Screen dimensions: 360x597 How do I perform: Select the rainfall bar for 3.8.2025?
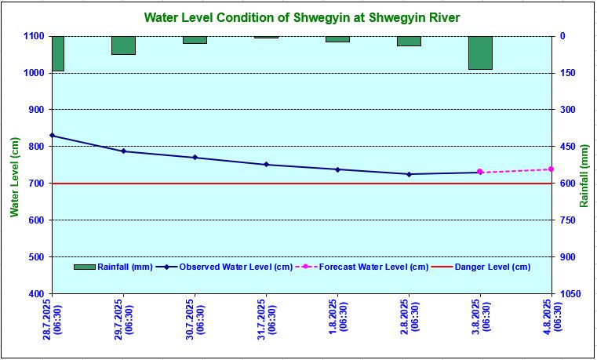coord(480,53)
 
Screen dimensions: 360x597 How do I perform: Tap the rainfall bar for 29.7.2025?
coord(123,45)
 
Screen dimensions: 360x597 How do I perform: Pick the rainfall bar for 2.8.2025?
coord(409,41)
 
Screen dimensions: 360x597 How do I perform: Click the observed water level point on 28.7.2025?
coord(53,136)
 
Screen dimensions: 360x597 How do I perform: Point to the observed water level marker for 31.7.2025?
coord(266,165)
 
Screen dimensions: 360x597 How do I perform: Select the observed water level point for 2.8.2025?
coord(409,174)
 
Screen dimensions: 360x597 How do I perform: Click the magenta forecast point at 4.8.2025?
coord(551,169)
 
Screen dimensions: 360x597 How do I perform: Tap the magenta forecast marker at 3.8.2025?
coord(480,172)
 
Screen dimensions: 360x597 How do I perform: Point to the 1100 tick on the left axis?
coord(34,36)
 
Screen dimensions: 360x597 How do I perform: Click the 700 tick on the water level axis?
coord(36,184)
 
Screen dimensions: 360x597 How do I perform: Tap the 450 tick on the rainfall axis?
coord(568,147)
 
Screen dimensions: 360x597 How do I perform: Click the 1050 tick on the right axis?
coord(570,293)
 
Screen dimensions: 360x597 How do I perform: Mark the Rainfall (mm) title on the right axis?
coord(584,176)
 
